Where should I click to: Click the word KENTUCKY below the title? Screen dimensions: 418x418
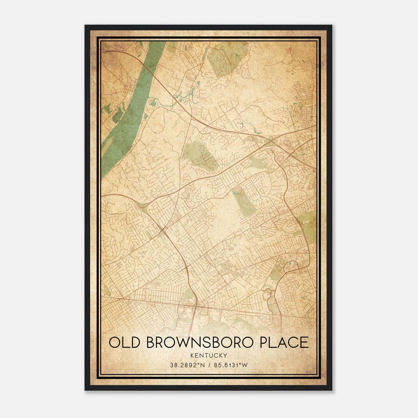(x=209, y=356)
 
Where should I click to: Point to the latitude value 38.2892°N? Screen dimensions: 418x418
(x=184, y=365)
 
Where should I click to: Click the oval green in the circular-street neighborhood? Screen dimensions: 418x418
(x=300, y=105)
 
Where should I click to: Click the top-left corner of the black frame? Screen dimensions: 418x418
(x=85, y=25)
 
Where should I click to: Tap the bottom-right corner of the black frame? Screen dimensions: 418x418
(x=332, y=390)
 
